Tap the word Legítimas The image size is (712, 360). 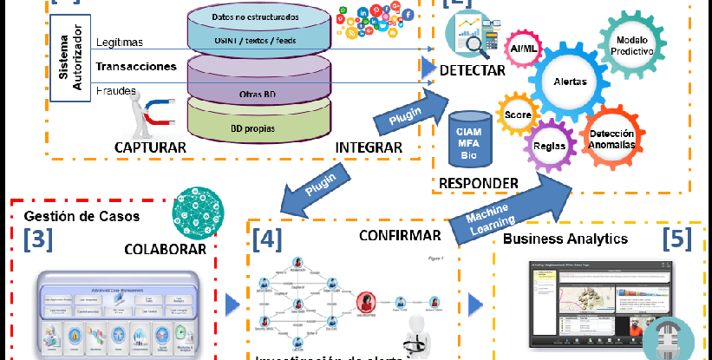[120, 43]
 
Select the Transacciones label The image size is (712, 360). [136, 66]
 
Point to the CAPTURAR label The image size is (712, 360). [150, 147]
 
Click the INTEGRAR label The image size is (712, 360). [369, 147]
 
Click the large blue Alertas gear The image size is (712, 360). [570, 82]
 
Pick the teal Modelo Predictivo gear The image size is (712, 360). [632, 46]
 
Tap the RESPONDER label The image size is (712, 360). [479, 183]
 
